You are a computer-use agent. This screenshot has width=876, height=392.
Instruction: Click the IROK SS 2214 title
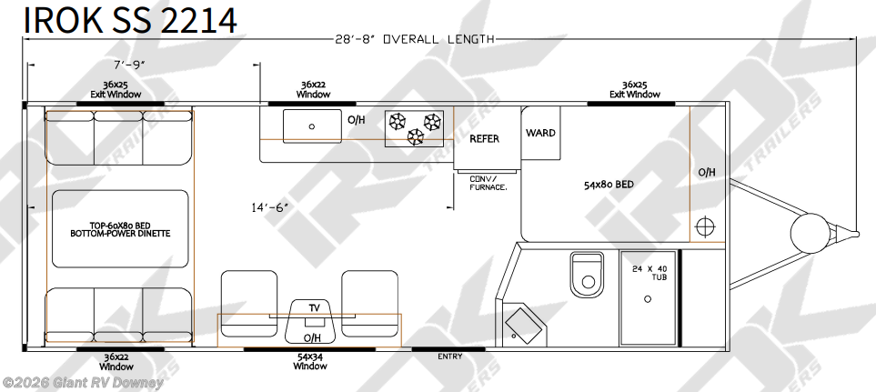[x=130, y=19]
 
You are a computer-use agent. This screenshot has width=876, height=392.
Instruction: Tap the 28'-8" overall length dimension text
[x=415, y=39]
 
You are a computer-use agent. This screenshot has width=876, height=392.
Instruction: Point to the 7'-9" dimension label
[x=129, y=65]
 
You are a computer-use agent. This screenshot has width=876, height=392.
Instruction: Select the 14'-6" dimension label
[x=269, y=207]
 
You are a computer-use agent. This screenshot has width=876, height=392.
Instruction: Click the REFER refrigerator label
[x=484, y=138]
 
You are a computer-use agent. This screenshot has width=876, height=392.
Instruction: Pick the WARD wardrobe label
[x=541, y=133]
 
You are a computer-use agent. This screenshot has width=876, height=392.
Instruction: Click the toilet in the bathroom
[x=587, y=275]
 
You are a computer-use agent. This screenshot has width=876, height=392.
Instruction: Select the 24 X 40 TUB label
[x=648, y=273]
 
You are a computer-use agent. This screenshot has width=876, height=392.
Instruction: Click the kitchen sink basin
[x=312, y=126]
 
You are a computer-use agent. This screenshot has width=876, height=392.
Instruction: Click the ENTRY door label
[x=449, y=357]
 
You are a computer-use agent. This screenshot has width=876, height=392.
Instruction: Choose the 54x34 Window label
[x=310, y=362]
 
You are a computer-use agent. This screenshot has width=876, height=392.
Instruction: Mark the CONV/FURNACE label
[x=488, y=183]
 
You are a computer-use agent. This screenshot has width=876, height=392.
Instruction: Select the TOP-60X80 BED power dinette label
[x=120, y=229]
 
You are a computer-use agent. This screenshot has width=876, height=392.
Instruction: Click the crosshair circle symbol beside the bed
[x=705, y=226]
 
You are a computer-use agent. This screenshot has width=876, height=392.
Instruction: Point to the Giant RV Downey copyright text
[x=83, y=383]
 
